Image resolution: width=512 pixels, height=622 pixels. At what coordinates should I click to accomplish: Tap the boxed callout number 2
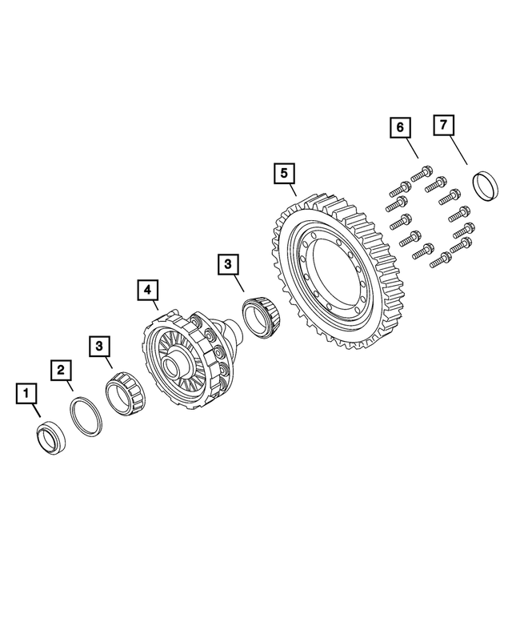coord(61,370)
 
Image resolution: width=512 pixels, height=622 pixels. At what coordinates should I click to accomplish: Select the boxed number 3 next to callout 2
coord(99,345)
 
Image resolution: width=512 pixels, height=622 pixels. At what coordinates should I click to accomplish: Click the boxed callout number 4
coord(147,289)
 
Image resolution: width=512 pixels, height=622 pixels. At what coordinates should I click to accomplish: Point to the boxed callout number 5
coord(282,172)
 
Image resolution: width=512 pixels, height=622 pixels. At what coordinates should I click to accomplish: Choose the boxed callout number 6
coord(399,126)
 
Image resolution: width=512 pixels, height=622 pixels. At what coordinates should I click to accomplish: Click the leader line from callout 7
coord(456,150)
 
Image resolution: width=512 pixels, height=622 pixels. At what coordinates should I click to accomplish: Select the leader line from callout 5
coord(290,189)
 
